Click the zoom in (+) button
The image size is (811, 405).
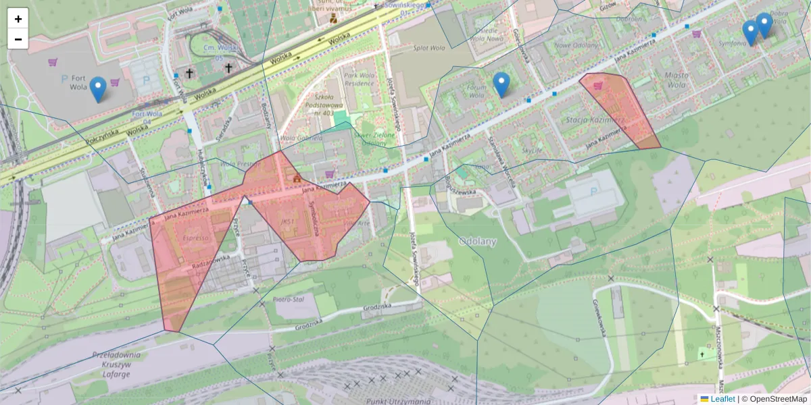click(x=18, y=19)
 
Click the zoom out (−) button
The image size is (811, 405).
click(x=18, y=39)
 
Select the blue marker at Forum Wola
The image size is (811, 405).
click(x=501, y=84)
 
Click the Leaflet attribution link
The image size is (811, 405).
click(x=722, y=399)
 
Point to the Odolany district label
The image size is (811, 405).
click(x=477, y=241)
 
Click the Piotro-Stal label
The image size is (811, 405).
click(x=287, y=298)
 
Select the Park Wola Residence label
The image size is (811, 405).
click(x=358, y=80)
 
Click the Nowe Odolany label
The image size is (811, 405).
click(x=576, y=45)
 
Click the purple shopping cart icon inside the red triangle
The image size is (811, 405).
click(x=598, y=86)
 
